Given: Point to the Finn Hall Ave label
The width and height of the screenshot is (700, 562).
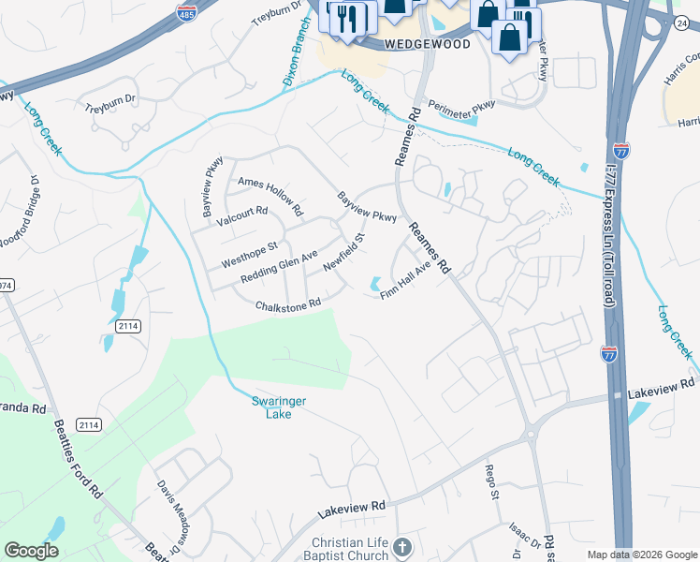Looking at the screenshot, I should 405,281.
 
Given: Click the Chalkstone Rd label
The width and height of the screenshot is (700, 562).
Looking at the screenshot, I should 288,304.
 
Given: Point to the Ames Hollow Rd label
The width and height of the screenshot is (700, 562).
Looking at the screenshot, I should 270,191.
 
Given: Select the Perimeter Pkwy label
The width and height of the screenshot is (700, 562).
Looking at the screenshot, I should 460,108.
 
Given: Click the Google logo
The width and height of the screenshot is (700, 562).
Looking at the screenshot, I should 32,550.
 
